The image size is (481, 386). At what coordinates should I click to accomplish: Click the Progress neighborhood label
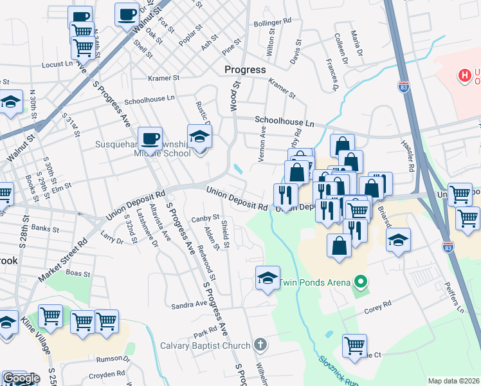[x=244, y=69]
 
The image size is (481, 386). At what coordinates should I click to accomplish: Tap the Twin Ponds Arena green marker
[x=361, y=282]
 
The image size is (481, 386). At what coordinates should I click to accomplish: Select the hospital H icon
[x=463, y=76]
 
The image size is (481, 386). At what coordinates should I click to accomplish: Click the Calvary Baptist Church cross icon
[x=260, y=345]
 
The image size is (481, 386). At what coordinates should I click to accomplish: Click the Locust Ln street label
[x=57, y=64]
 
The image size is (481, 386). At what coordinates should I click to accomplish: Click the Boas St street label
[x=78, y=273]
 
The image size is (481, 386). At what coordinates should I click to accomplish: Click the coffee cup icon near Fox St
[x=127, y=13]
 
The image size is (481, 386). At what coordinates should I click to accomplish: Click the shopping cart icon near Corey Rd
[x=354, y=345]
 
